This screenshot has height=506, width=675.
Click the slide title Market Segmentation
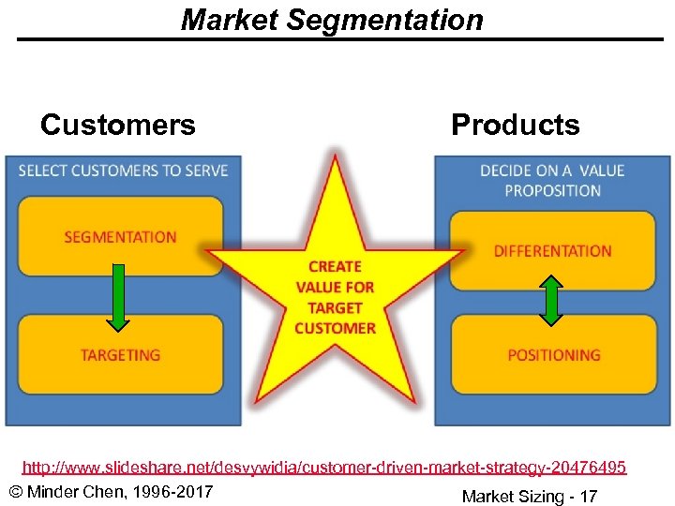pos(332,20)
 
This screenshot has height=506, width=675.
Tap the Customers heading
pos(118,125)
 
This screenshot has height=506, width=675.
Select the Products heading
pos(515,125)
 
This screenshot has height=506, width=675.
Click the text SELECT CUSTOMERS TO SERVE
pos(123,171)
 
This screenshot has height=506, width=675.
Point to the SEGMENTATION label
pos(120,237)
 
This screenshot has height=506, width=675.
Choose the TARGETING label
pos(120,355)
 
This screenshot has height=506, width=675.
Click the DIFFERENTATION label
pos(552,251)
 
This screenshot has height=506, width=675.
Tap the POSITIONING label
pos(553,355)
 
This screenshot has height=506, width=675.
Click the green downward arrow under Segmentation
pos(118,297)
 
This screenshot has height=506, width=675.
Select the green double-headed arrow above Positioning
pos(552,300)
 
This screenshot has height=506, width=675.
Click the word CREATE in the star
pos(335,267)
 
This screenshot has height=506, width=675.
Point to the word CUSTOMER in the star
pos(335,328)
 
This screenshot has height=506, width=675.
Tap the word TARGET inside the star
pos(335,307)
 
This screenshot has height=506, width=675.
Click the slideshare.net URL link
pos(324,467)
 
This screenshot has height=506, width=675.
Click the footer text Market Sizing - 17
pos(529,496)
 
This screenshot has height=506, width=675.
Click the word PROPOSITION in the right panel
pos(552,190)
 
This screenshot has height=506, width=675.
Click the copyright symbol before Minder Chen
pos(14,493)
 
